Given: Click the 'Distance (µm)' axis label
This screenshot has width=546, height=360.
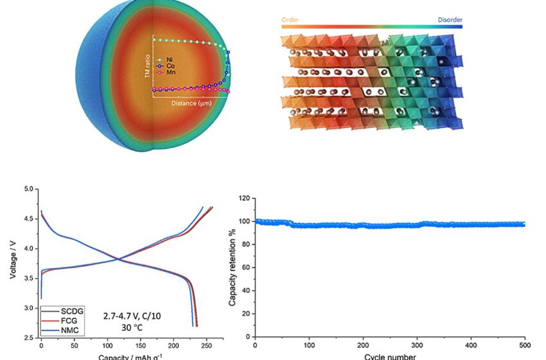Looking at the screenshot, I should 193,103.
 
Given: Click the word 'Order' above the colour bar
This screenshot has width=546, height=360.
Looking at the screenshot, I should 290,19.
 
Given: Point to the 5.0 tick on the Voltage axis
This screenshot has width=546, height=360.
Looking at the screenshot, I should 28,190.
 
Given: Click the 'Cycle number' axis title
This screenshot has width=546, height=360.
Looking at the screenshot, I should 390,355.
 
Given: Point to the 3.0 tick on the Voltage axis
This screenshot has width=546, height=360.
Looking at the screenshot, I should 28,309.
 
